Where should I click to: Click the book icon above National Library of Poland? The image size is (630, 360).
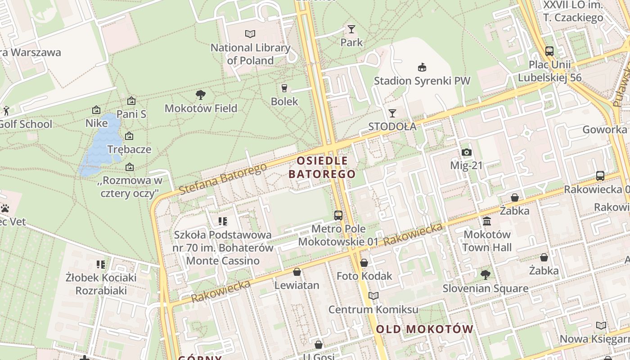point(250,34)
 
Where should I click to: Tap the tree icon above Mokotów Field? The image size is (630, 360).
point(201,94)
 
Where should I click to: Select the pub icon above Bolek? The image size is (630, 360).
point(284,88)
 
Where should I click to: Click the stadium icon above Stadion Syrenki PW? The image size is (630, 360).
point(422,67)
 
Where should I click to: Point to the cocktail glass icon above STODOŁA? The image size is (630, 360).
point(392,113)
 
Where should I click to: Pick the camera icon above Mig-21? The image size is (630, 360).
point(467,152)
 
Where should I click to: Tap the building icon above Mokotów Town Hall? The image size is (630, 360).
point(487,221)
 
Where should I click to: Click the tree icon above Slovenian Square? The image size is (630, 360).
point(485,274)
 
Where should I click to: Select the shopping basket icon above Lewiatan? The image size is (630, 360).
point(297,272)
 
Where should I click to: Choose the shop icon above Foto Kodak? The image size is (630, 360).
point(364,263)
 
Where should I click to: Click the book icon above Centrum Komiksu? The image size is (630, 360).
point(373,296)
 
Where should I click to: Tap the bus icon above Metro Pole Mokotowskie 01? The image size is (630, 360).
point(338,216)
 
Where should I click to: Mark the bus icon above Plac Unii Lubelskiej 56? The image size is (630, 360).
point(549,51)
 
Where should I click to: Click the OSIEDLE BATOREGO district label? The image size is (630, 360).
point(322,167)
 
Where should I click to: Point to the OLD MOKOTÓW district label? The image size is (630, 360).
point(424,329)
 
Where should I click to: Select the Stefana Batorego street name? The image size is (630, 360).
point(223,179)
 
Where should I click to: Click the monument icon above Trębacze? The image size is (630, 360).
point(129,135)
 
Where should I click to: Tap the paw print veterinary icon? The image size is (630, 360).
point(5,208)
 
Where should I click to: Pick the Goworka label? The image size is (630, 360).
point(604,130)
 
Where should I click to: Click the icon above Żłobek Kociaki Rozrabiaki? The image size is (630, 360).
point(101,264)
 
